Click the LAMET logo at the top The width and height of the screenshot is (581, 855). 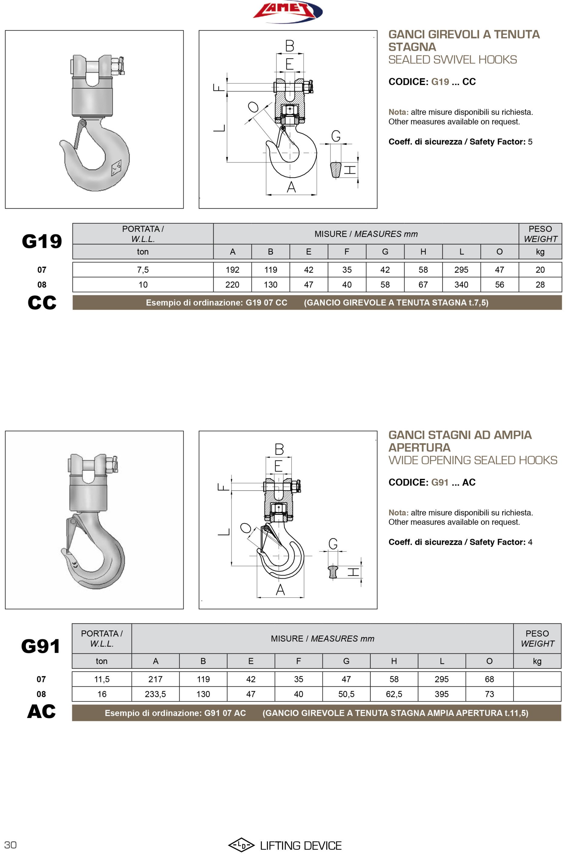coord(287,11)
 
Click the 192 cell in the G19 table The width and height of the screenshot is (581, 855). coord(232,270)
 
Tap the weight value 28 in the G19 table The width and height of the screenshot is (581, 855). coord(540,284)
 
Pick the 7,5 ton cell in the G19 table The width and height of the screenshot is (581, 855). coord(143,270)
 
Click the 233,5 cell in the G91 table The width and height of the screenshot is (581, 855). coord(155,694)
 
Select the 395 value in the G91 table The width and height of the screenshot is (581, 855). coord(441,694)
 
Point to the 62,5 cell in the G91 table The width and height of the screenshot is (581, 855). coord(394,694)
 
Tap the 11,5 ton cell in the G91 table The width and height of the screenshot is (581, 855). coord(102,679)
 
